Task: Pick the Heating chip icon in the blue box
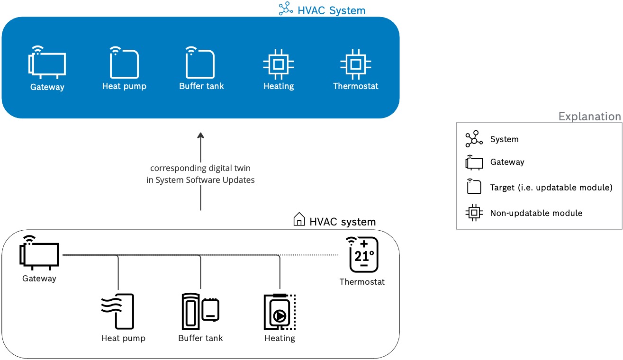[279, 63]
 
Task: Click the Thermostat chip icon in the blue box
[356, 63]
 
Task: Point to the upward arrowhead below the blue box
[200, 135]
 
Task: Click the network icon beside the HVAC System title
[286, 9]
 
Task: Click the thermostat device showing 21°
[363, 254]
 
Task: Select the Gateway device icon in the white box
[39, 253]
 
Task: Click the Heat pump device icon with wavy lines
[118, 311]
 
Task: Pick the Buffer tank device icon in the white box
[200, 311]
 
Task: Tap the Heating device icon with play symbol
[279, 312]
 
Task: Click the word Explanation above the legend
[589, 117]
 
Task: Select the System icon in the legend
[473, 139]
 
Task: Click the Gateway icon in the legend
[474, 162]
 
